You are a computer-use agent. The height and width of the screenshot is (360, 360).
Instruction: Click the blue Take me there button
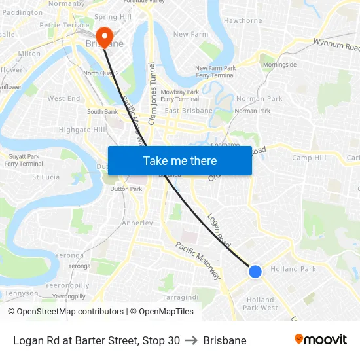pos(179,160)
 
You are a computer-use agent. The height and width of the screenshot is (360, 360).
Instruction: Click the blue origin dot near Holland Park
pos(255,271)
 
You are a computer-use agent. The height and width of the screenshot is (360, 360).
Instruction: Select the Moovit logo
pos(321,339)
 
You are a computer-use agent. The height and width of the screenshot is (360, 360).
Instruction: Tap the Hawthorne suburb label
pos(243,20)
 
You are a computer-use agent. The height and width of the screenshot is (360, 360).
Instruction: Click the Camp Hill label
pos(309,158)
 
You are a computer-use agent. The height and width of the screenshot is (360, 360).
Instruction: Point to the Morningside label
pos(279,65)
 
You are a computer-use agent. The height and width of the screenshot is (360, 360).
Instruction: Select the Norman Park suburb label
pos(259,99)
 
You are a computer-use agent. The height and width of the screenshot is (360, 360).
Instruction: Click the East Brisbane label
pos(189,111)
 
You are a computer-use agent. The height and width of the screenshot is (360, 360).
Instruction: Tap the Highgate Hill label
pos(82,130)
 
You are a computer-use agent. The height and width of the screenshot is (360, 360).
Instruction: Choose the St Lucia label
pos(46,177)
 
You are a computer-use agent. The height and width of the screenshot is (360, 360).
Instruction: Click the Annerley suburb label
pos(137,223)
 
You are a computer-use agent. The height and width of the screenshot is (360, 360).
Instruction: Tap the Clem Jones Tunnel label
pos(152,94)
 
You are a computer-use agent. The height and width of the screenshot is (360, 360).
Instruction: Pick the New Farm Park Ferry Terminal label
pos(215,71)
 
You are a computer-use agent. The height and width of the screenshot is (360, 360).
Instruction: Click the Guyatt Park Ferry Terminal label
pos(24,160)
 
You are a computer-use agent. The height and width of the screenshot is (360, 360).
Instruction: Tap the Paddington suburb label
pos(22,12)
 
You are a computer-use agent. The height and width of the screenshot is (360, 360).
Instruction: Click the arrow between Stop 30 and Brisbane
pos(191,340)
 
